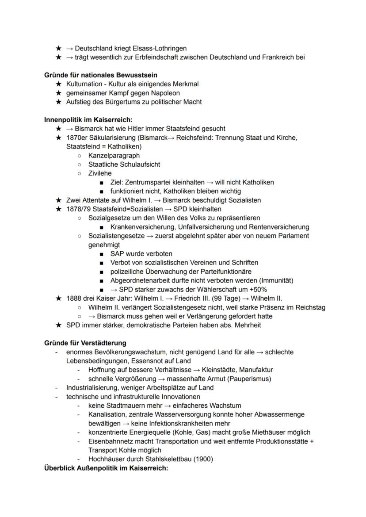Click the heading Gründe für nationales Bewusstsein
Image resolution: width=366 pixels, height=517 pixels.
101,75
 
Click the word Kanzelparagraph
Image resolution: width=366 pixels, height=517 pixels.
114,156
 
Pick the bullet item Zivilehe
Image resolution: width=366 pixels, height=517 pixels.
100,173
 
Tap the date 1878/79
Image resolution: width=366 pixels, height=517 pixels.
79,209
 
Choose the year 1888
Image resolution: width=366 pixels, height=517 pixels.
74,298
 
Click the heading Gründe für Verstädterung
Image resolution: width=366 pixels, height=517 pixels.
85,343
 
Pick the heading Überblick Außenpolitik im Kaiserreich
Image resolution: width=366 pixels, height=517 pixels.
106,468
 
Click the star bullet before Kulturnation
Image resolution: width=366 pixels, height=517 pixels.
58,84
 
